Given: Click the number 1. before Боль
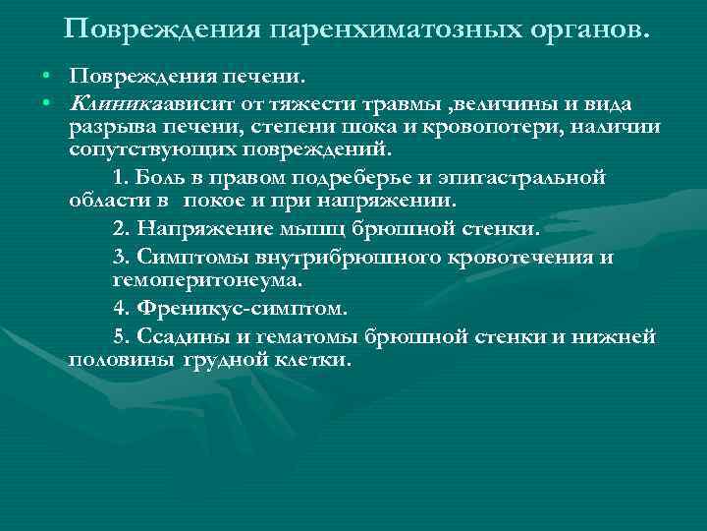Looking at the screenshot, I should (x=147, y=177).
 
